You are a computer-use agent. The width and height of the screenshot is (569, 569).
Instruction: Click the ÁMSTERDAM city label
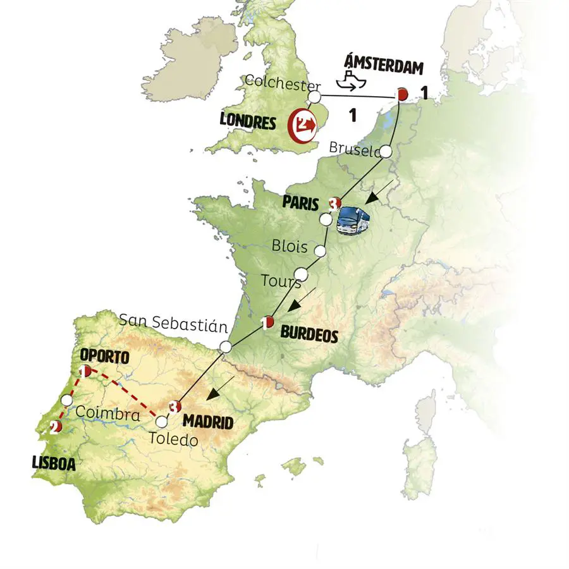(x=383, y=65)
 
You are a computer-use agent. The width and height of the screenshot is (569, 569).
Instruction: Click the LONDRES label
(x=248, y=121)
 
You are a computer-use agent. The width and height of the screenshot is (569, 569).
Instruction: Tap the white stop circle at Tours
(x=302, y=274)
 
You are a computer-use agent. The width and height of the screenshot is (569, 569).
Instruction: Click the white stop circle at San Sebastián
(x=225, y=346)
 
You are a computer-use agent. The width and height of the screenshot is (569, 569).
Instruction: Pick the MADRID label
(x=208, y=422)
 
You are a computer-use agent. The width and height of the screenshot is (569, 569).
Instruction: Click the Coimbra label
(x=107, y=415)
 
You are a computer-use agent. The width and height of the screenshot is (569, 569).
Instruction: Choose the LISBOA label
(x=54, y=463)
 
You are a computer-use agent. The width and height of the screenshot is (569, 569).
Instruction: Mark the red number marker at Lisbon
(x=55, y=428)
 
